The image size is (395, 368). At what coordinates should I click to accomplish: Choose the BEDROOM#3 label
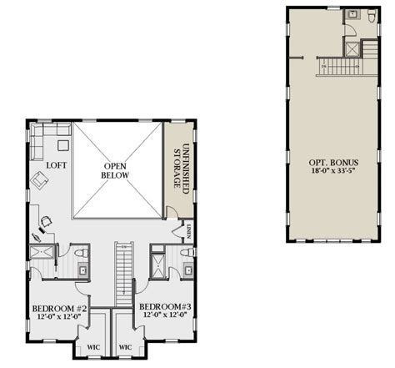tap(167, 307)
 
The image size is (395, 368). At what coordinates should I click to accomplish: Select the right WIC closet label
tap(126, 346)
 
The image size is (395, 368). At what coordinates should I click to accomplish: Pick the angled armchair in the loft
tap(38, 179)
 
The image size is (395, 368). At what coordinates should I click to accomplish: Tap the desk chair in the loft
tap(45, 221)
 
